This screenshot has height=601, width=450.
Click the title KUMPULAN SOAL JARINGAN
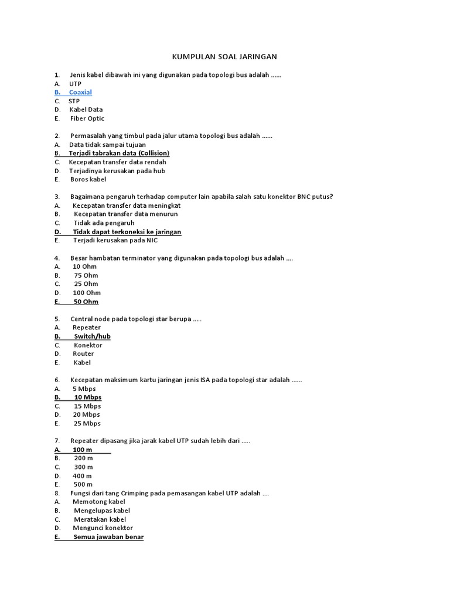(224, 57)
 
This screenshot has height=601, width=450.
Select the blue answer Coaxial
(80, 92)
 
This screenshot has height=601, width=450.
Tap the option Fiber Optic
(87, 119)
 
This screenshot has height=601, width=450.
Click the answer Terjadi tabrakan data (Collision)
(119, 153)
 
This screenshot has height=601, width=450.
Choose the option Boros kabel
(88, 180)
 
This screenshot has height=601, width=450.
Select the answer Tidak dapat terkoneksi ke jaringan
(127, 232)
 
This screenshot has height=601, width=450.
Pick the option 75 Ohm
(86, 275)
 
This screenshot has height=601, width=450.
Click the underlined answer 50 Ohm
(86, 302)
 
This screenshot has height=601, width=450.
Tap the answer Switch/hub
(92, 336)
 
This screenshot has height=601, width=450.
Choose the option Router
(83, 354)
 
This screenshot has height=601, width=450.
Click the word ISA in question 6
(205, 380)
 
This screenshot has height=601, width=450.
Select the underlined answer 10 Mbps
(87, 397)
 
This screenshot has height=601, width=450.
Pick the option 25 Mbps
(87, 423)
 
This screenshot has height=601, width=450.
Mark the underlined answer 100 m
(83, 450)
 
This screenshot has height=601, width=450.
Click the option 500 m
(83, 484)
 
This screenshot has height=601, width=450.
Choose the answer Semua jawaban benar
(108, 537)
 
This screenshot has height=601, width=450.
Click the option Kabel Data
(86, 110)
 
